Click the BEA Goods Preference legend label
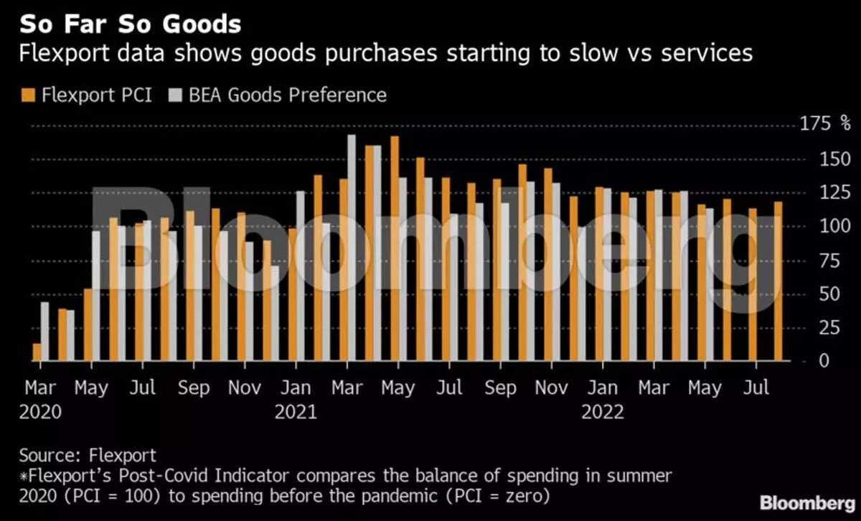(288, 95)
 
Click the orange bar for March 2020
(37, 352)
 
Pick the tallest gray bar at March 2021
(352, 248)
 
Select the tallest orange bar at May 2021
(394, 248)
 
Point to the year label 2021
(296, 413)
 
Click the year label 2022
(603, 413)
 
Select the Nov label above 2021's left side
(245, 388)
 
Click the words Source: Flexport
(88, 455)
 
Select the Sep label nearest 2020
(193, 388)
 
